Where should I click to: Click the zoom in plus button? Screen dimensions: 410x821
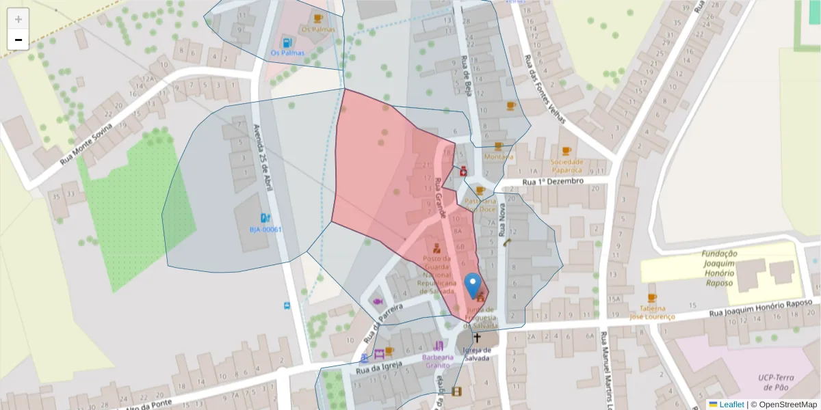click(18, 19)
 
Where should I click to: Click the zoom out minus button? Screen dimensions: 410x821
click(18, 40)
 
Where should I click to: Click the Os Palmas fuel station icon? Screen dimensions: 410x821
click(287, 41)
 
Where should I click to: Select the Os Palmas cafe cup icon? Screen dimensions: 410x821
click(317, 18)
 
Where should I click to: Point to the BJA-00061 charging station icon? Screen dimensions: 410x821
click(265, 218)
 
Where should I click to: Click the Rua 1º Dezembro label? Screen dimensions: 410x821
click(553, 182)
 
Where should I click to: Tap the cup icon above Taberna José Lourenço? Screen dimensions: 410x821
click(651, 298)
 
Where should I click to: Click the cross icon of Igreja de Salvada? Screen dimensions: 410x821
click(477, 337)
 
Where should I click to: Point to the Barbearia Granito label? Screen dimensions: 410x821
click(438, 361)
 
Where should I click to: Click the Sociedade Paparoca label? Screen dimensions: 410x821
click(566, 166)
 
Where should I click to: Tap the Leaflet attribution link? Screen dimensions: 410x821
click(731, 405)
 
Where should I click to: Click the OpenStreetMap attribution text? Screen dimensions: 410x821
click(783, 405)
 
